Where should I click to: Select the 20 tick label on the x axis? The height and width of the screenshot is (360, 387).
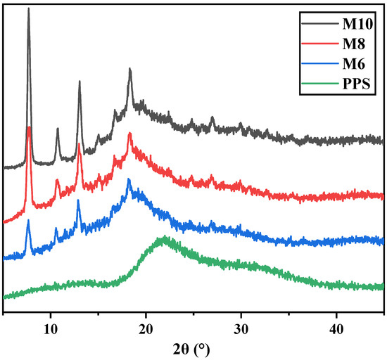[146, 329]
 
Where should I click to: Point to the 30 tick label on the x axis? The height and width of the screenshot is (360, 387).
[241, 329]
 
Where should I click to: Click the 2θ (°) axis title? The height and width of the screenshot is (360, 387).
[193, 348]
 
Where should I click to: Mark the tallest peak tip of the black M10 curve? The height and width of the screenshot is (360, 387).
[28, 9]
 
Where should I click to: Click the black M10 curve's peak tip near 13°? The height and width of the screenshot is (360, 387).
[80, 82]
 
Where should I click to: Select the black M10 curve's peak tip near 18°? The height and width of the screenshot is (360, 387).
[130, 69]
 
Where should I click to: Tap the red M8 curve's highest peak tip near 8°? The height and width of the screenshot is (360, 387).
[28, 127]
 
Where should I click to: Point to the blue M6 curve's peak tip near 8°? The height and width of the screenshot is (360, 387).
[28, 221]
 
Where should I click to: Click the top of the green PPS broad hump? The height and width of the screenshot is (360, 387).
[163, 238]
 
